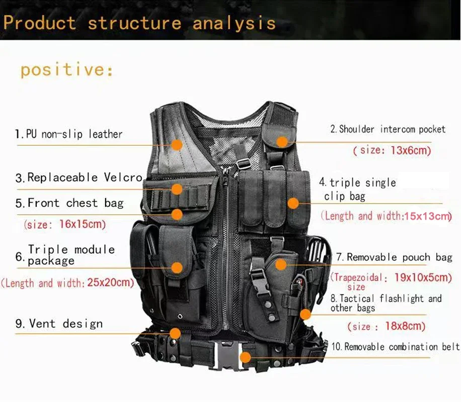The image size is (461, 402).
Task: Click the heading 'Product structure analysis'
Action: click(139, 23)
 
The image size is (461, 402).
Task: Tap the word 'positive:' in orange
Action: click(66, 69)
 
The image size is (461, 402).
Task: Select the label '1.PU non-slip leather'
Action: click(68, 134)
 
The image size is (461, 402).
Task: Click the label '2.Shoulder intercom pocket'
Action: click(388, 130)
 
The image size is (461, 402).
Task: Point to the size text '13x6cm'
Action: click(411, 150)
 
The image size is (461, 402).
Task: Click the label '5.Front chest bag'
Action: click(69, 203)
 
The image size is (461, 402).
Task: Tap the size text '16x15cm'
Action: click(83, 224)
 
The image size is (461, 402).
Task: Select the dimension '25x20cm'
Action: click(111, 283)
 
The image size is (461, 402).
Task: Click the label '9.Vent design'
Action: click(59, 324)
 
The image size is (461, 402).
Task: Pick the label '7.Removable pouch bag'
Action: click(394, 257)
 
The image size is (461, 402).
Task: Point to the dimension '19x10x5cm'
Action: click(423, 277)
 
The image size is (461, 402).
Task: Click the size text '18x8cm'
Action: click(405, 326)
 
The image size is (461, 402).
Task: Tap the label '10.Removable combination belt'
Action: click(395, 347)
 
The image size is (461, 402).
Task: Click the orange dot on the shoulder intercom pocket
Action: click(282, 142)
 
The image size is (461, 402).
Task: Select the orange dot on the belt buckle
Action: click(245, 357)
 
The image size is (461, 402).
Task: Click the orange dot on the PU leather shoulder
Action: click(176, 145)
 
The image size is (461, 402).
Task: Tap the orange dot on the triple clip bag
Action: click(292, 204)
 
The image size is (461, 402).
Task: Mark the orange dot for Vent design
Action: click(175, 333)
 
